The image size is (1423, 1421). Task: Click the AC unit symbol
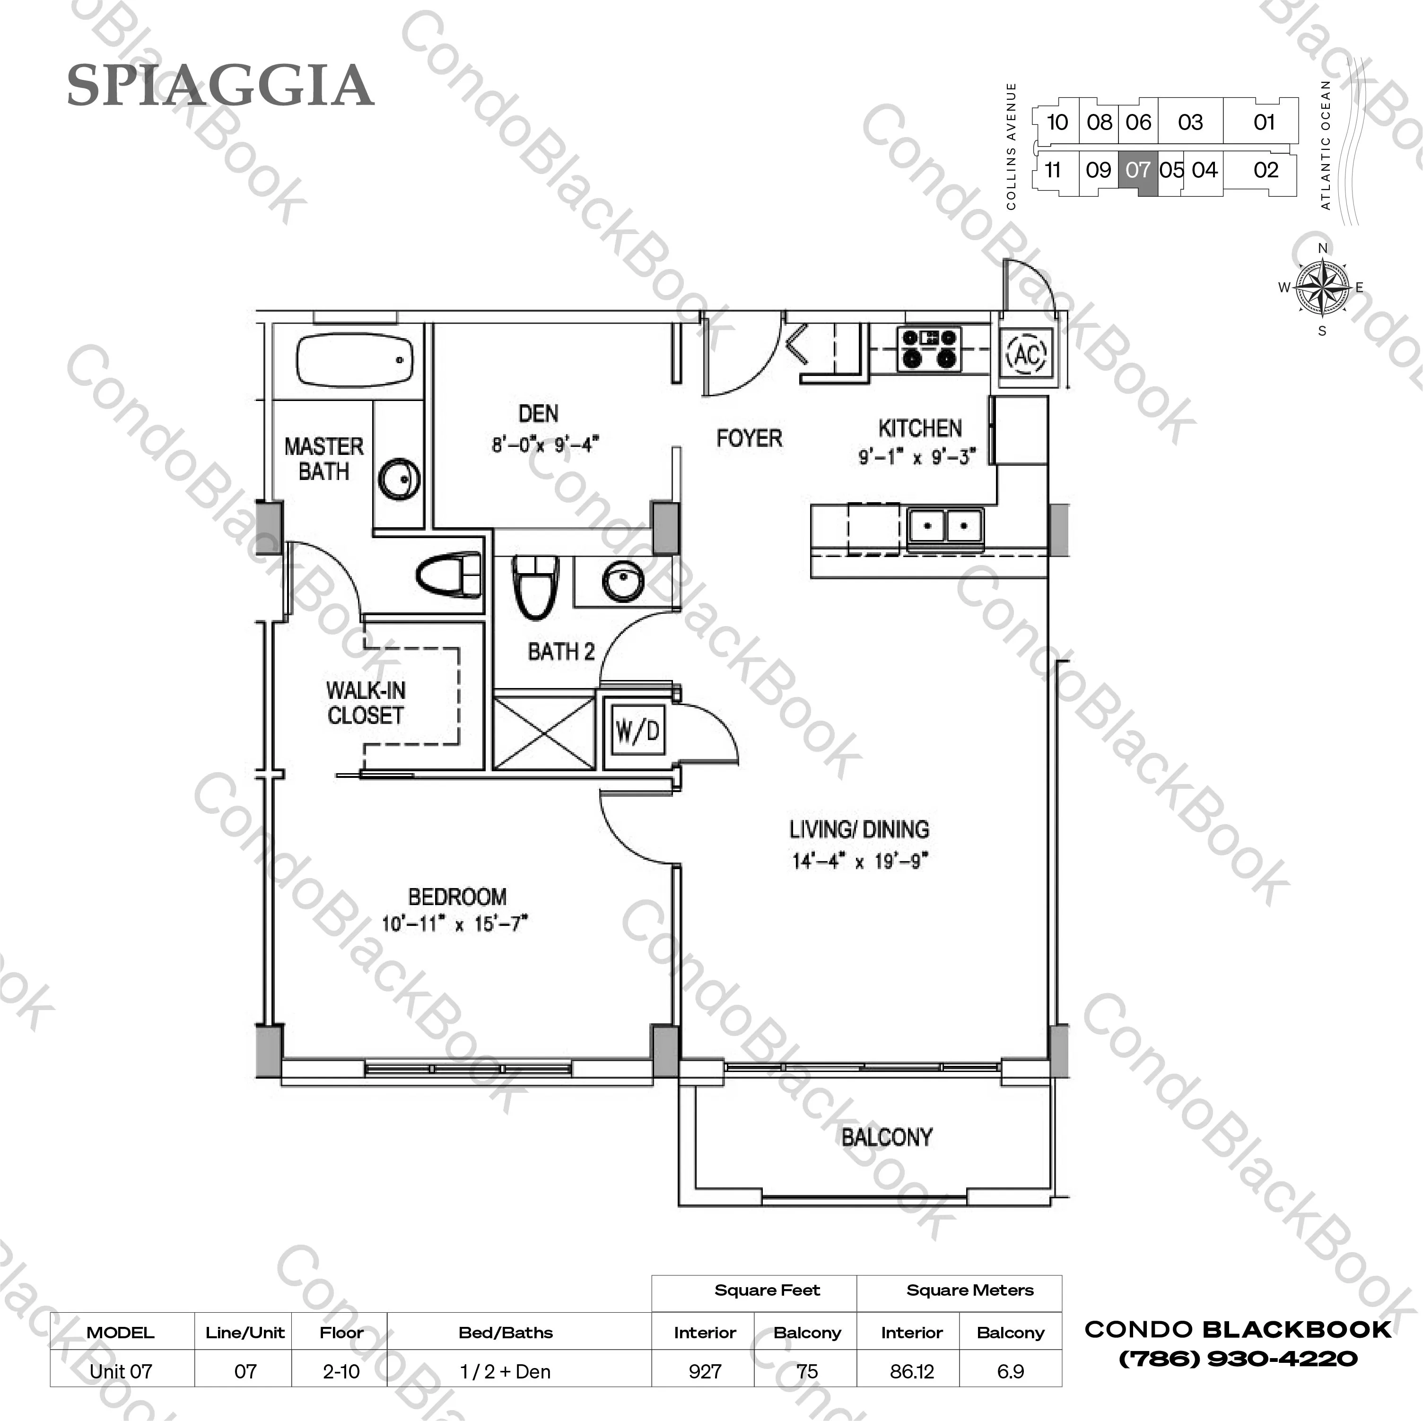tap(1026, 354)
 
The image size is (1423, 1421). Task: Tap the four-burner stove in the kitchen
tap(930, 349)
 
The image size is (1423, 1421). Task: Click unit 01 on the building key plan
tap(1264, 122)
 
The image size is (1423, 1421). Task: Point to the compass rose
tap(1322, 288)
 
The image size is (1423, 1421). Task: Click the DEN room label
tap(538, 414)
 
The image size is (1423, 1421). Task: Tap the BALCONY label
tap(887, 1137)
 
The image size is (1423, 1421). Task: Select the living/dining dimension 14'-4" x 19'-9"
tap(860, 861)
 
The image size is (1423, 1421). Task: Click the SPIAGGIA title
tap(220, 86)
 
